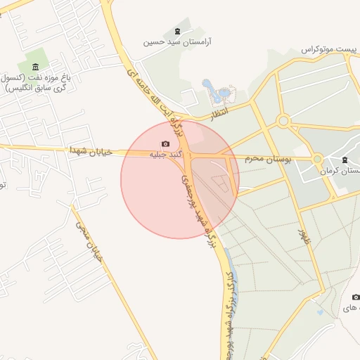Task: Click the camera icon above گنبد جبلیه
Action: point(166,144)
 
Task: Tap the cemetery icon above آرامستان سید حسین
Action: point(176,31)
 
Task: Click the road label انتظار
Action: point(219,112)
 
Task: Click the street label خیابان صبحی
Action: point(89,243)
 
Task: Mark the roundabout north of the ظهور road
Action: point(283,121)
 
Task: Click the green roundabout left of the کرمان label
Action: point(317,160)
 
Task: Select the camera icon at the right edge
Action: point(356,297)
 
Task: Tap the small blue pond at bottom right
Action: point(320,311)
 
